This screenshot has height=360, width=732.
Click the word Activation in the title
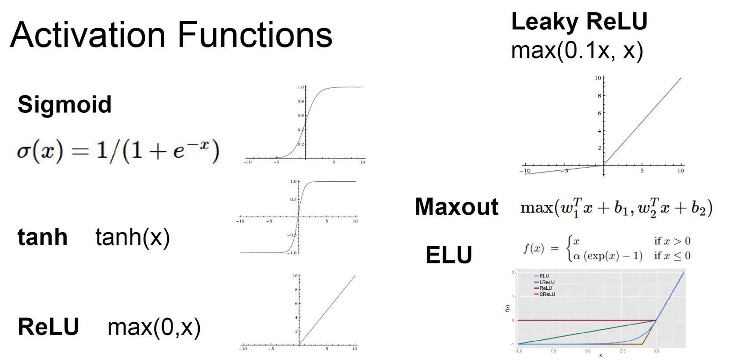tap(87, 35)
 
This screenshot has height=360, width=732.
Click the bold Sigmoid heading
tap(65, 104)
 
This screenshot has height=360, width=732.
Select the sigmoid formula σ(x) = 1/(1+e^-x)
tap(118, 151)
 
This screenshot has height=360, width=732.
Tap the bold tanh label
tap(43, 237)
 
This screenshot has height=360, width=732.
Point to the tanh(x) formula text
tap(132, 238)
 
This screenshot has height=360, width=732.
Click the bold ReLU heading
tap(48, 327)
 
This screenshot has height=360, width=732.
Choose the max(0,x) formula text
tap(154, 327)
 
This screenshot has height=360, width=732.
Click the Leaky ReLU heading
tap(579, 22)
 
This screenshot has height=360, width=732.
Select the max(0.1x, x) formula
tap(577, 50)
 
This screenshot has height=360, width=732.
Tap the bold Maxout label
tap(456, 206)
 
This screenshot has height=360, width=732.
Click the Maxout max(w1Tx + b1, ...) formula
tap(616, 208)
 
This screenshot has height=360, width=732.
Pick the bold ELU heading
tap(449, 255)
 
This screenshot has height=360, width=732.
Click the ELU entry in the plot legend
tap(544, 276)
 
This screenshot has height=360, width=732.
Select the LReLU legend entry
tap(547, 282)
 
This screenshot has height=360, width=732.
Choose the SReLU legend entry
tap(547, 294)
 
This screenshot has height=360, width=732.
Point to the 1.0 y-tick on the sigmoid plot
tap(301, 87)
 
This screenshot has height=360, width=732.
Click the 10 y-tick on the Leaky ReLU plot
tap(598, 78)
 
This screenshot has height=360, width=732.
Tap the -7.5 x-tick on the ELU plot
tap(552, 351)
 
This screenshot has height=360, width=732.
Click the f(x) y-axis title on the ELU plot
tap(508, 309)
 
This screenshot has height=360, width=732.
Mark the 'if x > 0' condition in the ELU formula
tap(672, 241)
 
